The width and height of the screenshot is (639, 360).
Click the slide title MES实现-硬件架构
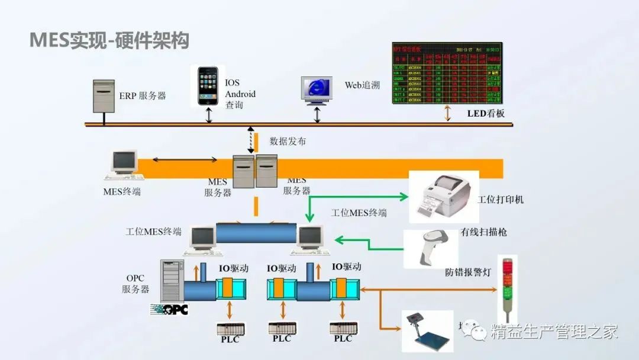point(109,41)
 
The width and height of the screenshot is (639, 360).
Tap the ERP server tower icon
point(104,96)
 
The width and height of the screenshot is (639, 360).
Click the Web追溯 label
point(362,85)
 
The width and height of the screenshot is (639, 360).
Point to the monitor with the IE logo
point(317,89)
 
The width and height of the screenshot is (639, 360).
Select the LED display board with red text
point(447,73)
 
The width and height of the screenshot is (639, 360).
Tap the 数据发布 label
point(288,141)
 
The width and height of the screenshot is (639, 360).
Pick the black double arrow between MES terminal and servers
point(185,159)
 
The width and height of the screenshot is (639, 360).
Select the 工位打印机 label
point(500,200)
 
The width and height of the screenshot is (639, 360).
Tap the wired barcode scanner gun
point(430,247)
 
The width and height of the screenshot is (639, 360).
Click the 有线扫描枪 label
point(483,232)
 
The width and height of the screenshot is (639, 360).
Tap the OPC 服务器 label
point(135,284)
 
